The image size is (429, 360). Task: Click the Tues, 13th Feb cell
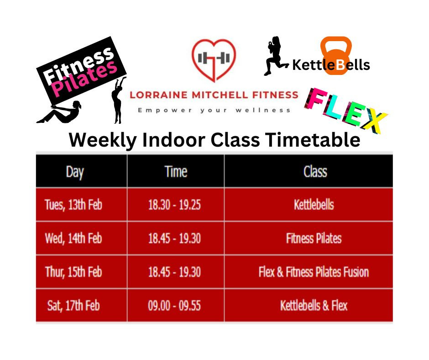coord(73,205)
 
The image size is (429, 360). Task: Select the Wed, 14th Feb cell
coord(73,238)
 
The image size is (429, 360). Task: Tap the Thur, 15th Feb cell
coord(73,272)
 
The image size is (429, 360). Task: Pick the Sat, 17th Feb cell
coord(73,305)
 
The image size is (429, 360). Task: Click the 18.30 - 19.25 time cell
coord(174,205)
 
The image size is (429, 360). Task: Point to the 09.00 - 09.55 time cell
coord(174,305)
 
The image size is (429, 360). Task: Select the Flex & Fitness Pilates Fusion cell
coord(314,272)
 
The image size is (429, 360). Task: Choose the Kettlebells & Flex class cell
coord(314,305)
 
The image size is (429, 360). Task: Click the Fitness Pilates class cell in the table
coord(314,238)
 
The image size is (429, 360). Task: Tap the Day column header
coord(75,172)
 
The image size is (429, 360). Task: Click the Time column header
coord(176,172)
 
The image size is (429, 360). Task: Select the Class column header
coord(315,172)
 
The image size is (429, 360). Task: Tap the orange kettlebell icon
coord(336,54)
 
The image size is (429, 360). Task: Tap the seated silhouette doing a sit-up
coord(59,111)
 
